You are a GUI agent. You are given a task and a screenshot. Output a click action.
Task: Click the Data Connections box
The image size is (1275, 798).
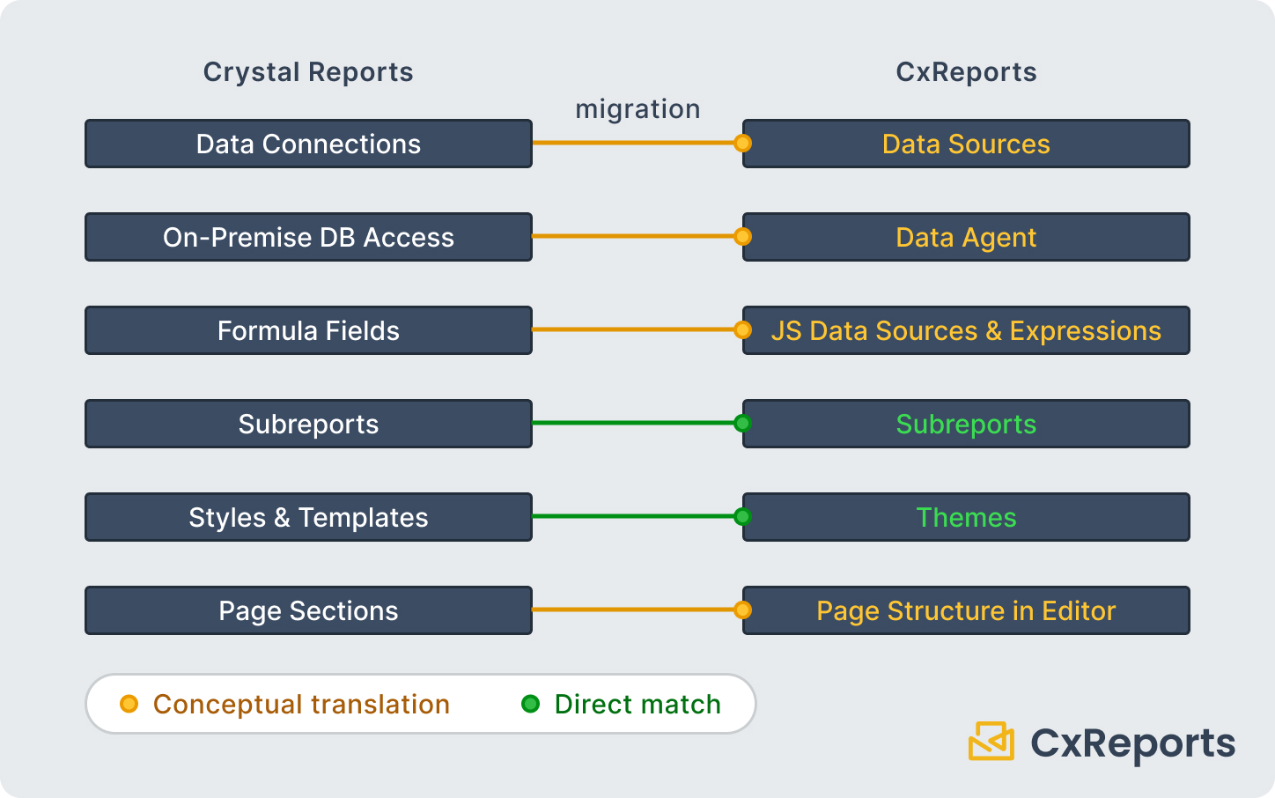(x=308, y=144)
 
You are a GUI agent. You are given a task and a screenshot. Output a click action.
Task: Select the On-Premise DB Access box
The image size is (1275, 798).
(x=308, y=237)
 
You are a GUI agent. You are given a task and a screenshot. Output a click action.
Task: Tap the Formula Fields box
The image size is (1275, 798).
(x=308, y=330)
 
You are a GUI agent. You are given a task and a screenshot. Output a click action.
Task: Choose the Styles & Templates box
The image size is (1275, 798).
(x=308, y=517)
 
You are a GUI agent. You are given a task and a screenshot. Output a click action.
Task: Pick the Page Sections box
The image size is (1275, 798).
(x=308, y=610)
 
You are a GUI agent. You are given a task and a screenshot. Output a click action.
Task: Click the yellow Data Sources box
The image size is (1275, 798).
(x=966, y=144)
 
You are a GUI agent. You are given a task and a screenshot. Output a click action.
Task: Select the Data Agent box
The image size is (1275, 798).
(x=966, y=237)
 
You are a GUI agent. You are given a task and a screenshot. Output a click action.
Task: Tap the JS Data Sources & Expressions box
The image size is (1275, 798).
(x=966, y=330)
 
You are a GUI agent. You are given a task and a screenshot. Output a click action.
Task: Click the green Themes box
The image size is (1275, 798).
(x=966, y=517)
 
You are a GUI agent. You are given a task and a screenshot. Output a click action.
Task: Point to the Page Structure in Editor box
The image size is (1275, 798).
(x=966, y=610)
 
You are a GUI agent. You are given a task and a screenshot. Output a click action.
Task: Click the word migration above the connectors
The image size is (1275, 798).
(x=637, y=109)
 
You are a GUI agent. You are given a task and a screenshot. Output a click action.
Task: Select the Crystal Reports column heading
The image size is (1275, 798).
(x=308, y=72)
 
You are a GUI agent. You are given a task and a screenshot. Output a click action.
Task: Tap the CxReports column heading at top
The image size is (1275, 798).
(x=966, y=72)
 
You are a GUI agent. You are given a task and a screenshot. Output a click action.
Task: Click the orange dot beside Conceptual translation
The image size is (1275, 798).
(x=129, y=704)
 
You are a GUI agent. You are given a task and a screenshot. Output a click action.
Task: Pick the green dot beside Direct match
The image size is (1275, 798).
(x=530, y=704)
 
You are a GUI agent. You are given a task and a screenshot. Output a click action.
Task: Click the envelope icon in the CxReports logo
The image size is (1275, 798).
(x=991, y=741)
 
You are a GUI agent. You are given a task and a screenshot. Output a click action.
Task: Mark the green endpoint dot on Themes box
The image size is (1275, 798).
(x=742, y=516)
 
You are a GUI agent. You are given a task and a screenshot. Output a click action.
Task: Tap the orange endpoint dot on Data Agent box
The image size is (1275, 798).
(x=742, y=236)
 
